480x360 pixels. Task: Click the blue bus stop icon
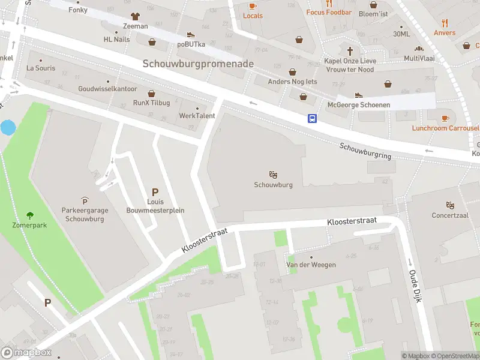tap(312, 118)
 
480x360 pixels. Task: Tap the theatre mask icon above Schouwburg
tap(273, 175)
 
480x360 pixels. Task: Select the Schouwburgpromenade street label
tap(198, 64)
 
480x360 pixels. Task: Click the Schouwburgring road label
tap(365, 151)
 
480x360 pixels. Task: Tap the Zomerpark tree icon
tap(30, 215)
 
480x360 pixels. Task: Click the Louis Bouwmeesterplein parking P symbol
tap(155, 192)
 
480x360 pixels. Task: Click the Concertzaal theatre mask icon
tap(450, 205)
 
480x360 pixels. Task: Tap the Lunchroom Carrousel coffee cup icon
tap(445, 118)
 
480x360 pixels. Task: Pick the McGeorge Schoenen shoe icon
tap(359, 95)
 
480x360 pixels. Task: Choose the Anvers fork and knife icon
tap(445, 23)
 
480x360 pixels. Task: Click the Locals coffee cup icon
tap(253, 6)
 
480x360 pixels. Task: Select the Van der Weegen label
tap(310, 265)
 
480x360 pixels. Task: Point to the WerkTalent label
tap(197, 116)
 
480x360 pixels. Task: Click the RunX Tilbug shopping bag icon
tap(151, 94)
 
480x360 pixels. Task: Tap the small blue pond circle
tap(8, 127)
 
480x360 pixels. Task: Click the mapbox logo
tap(26, 352)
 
